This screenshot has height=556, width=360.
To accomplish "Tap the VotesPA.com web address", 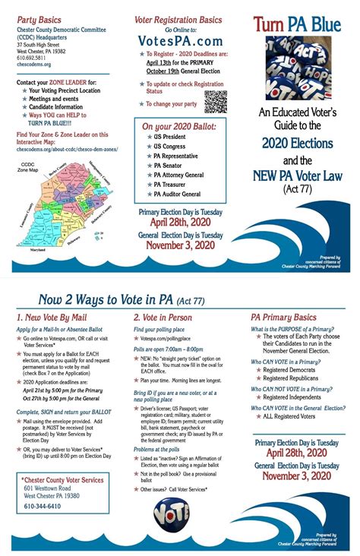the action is click(x=179, y=39).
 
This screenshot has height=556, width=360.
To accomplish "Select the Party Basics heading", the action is click(x=42, y=17).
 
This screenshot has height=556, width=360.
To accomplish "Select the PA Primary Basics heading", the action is click(x=283, y=317).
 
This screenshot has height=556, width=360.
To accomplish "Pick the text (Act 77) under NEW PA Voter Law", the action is click(x=297, y=188).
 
